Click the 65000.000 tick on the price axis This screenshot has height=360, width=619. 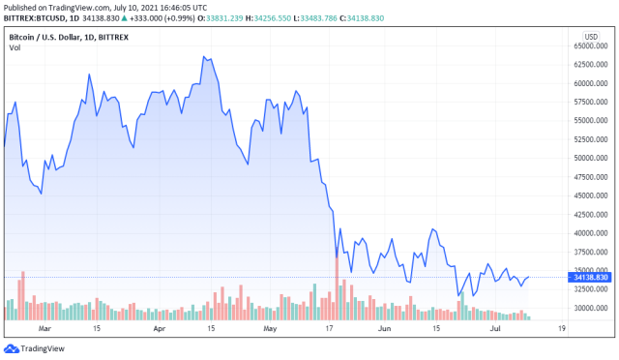[x=589, y=45]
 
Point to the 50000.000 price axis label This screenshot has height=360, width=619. [x=589, y=158]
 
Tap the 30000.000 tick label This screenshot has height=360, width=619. [x=589, y=308]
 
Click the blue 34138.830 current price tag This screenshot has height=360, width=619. [x=589, y=278]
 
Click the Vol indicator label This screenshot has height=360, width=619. [x=14, y=48]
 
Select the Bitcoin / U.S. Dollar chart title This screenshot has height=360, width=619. [x=68, y=35]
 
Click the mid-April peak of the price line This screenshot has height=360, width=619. [x=204, y=56]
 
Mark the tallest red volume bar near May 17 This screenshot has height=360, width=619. [x=336, y=287]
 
